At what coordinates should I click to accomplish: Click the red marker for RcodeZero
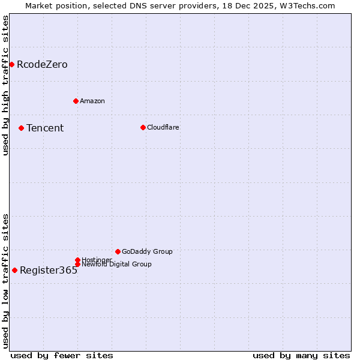tap(11, 64)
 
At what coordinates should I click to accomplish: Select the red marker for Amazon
tap(76, 101)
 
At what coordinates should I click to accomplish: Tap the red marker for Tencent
tap(21, 128)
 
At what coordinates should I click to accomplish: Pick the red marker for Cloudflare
tap(143, 127)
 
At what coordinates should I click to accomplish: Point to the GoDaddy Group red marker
tap(118, 251)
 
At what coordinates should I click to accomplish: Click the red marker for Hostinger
tap(77, 260)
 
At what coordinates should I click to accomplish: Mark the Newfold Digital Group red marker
tap(77, 264)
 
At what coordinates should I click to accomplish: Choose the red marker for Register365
tap(14, 270)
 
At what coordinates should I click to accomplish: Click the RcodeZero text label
tap(42, 65)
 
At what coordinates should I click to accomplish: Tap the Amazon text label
tap(92, 101)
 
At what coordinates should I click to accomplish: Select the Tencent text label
tap(45, 128)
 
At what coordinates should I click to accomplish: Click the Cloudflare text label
tap(163, 127)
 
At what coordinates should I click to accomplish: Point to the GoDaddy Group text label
tap(147, 251)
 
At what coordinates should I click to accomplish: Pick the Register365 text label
tap(49, 271)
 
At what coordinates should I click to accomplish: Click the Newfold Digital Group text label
tap(116, 264)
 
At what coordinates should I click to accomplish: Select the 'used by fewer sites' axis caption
tap(62, 355)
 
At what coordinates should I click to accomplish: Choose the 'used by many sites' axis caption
tap(301, 355)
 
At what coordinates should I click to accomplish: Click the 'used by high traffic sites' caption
tap(5, 85)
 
